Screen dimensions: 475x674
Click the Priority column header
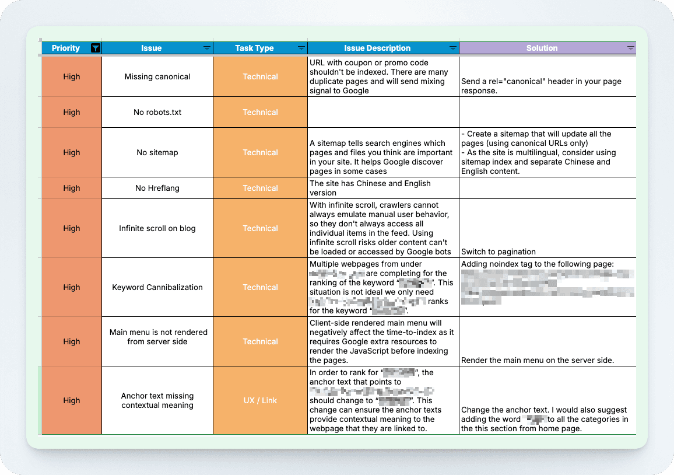click(x=65, y=48)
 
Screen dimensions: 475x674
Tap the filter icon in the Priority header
click(x=96, y=48)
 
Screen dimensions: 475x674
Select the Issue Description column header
click(x=377, y=48)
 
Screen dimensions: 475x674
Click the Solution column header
click(x=542, y=48)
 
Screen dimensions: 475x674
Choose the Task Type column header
click(x=254, y=48)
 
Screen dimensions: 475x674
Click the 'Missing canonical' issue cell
click(x=157, y=76)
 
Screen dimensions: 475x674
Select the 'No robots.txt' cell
click(x=157, y=112)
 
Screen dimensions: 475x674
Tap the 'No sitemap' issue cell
click(x=157, y=152)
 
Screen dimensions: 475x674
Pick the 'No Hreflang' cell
click(x=157, y=188)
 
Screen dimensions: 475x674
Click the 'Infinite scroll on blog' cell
click(x=157, y=228)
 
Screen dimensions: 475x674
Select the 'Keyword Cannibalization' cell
click(x=157, y=287)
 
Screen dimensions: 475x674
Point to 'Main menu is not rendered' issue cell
click(x=157, y=337)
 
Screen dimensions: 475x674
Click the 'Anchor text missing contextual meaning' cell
click(x=157, y=400)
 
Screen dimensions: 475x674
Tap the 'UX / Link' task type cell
click(x=260, y=400)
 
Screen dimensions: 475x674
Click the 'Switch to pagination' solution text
click(x=498, y=252)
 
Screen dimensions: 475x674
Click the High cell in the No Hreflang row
click(x=72, y=188)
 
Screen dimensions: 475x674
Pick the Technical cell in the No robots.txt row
click(x=260, y=112)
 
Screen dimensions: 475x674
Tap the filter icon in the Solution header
click(x=630, y=48)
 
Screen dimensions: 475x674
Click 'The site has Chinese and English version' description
click(x=370, y=188)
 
